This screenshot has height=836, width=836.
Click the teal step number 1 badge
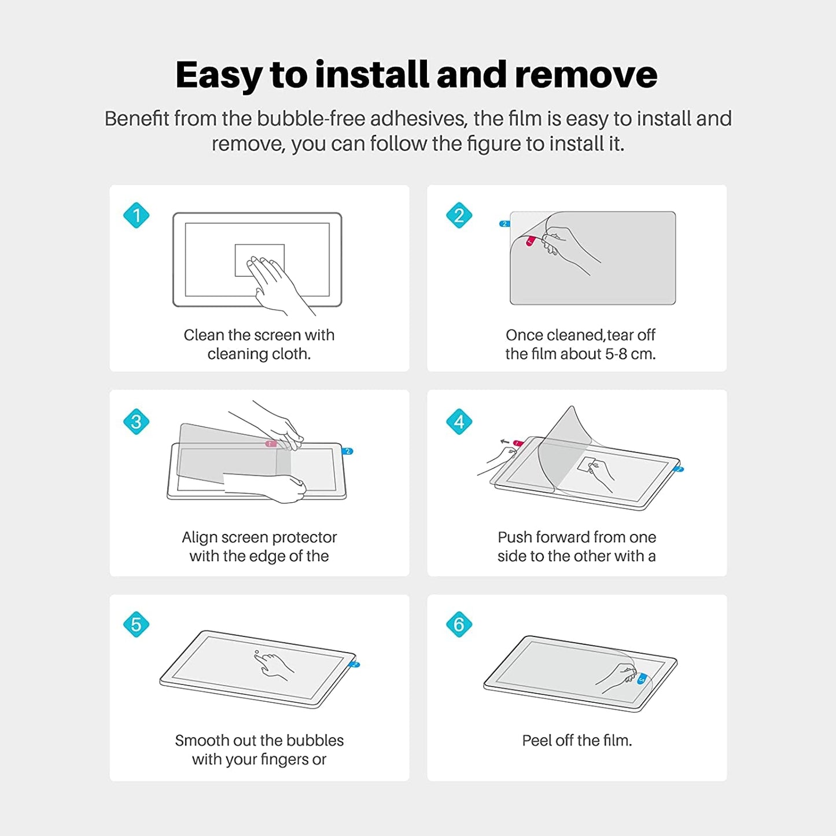click(137, 216)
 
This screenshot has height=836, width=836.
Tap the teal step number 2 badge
click(459, 216)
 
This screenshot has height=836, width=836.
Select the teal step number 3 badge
click(137, 421)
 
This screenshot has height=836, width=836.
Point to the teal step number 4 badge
click(459, 421)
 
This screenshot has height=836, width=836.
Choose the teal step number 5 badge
click(137, 624)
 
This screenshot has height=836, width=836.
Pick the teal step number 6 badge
click(459, 624)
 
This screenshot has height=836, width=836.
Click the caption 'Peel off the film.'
click(577, 741)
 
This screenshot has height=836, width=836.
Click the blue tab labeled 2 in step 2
click(504, 224)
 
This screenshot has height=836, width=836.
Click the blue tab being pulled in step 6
click(642, 679)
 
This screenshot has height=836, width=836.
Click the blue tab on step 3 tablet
click(348, 451)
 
